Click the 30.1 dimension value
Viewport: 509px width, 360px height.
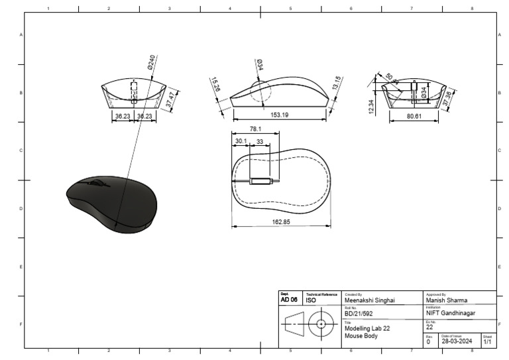coord(240,141)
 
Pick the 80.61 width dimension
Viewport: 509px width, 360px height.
coord(413,116)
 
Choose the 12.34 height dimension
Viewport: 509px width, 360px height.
coord(371,105)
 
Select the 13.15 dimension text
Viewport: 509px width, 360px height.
coord(337,85)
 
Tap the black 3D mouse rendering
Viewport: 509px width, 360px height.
coord(112,202)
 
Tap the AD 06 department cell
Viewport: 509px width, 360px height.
coord(289,300)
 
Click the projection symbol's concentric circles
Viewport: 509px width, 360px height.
coord(321,325)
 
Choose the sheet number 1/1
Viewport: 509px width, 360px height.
coord(487,341)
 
